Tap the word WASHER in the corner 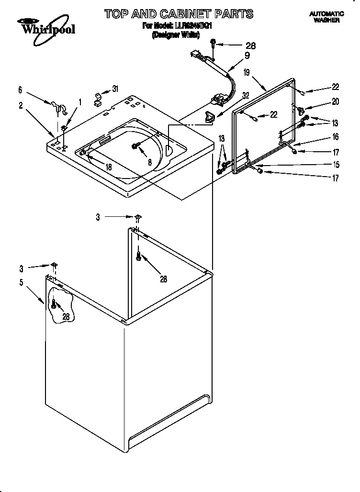click(x=326, y=21)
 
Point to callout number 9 click(x=247, y=55)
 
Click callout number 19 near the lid click(x=247, y=73)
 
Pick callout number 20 click(x=336, y=101)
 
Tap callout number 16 click(x=336, y=137)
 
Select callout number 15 click(x=336, y=165)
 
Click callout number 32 click(x=246, y=95)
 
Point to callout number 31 click(x=115, y=88)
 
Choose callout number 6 click(x=20, y=89)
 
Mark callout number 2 click(x=21, y=105)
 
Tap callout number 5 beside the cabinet click(x=21, y=282)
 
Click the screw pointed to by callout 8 click(x=136, y=146)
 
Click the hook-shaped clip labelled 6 click(x=56, y=106)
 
